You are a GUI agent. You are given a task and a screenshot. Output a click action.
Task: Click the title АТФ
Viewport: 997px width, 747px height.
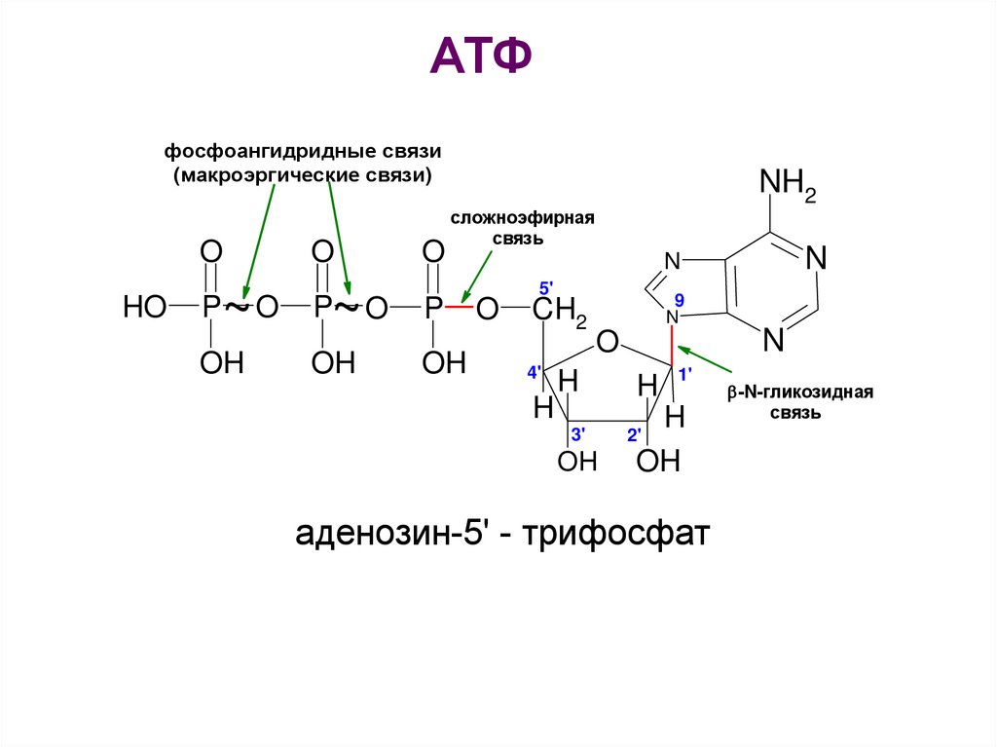coord(481,59)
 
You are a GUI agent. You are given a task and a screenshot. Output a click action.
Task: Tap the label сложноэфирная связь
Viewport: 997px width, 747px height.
coord(522,226)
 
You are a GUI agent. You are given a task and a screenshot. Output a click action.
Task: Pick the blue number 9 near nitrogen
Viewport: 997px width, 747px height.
coord(680,298)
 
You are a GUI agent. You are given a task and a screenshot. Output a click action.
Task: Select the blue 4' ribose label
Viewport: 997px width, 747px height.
coord(535,371)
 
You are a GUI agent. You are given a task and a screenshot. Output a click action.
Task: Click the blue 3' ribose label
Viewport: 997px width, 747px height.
coord(576,433)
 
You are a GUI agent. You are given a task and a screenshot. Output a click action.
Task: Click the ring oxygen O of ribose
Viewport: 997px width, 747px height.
coord(608,342)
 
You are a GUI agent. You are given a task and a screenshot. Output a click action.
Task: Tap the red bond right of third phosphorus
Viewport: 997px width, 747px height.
coord(461,308)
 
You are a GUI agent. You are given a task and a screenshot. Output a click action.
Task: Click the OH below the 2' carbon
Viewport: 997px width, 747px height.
coord(657,461)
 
